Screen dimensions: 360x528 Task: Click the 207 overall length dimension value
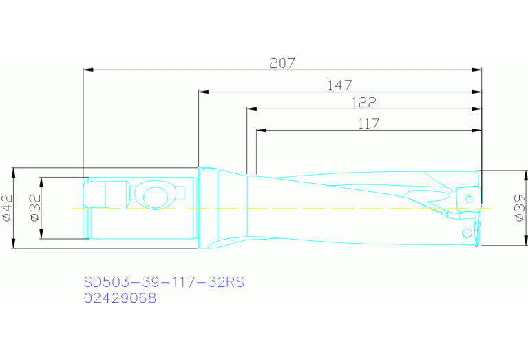pos(282,63)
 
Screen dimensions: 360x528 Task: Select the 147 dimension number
pos(339,85)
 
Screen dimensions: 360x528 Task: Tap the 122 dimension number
pos(363,103)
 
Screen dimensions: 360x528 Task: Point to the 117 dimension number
pos(369,124)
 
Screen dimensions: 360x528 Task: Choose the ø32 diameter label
pos(35,207)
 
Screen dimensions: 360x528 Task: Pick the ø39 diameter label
pos(520,207)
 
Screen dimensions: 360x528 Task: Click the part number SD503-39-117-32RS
pos(164,282)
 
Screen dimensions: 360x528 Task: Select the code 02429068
pos(120,298)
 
